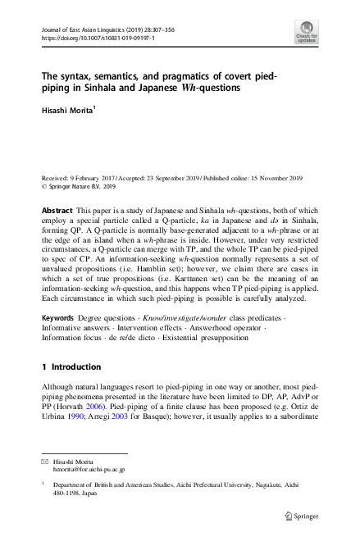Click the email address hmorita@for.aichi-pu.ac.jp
88,470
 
